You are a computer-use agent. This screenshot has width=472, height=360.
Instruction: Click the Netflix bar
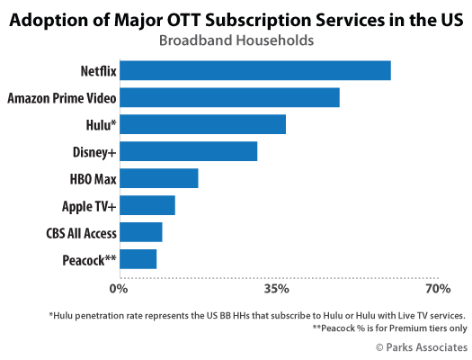pos(255,70)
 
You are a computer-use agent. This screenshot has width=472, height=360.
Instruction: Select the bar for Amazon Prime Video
pos(229,97)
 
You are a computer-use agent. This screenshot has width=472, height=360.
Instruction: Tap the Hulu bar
pos(203,124)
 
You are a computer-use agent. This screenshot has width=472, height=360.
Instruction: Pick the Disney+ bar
pos(189,151)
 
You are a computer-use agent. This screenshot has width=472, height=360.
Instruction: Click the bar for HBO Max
pos(159,178)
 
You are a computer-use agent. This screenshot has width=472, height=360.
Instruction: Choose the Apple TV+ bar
pos(147,205)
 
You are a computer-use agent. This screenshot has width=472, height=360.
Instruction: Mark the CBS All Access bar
pos(141,232)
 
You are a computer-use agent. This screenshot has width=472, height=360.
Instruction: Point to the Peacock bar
pos(138,259)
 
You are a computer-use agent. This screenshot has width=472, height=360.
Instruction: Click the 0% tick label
pos(119,289)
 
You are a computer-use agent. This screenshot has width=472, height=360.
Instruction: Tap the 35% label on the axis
pos(277,289)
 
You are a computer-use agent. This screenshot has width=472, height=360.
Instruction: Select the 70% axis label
pos(438,289)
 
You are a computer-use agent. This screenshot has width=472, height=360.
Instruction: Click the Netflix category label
pos(98,71)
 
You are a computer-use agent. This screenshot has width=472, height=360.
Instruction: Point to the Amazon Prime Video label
pos(62,98)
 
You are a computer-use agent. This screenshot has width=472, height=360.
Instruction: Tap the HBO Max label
pos(93,179)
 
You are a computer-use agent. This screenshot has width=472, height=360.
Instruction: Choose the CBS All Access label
pos(81,233)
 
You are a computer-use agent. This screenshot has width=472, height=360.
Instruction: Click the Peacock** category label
pos(89,260)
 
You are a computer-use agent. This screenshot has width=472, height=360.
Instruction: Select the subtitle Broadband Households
pos(236,40)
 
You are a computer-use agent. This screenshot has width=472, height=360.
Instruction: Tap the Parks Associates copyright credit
pos(422,347)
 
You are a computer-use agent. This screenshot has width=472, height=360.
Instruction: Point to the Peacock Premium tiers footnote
pos(390,328)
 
